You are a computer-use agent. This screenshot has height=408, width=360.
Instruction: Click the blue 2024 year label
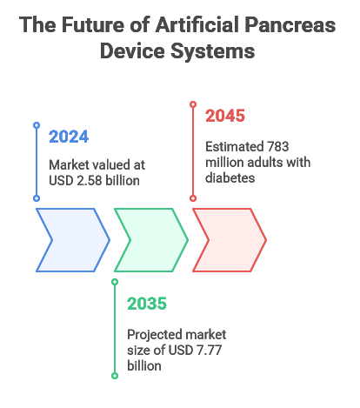pyautogui.click(x=69, y=137)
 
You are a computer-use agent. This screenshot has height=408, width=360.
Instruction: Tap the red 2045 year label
pyautogui.click(x=225, y=116)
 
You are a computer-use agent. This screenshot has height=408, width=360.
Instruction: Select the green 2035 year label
pyautogui.click(x=147, y=304)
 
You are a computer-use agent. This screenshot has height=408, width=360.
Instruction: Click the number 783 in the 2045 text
pyautogui.click(x=278, y=147)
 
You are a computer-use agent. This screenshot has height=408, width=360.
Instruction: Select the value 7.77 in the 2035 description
pyautogui.click(x=209, y=350)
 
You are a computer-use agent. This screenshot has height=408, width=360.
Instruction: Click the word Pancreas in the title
pyautogui.click(x=290, y=24)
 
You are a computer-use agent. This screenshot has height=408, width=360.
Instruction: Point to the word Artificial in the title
pyautogui.click(x=197, y=24)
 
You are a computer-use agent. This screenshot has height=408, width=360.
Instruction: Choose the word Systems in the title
pyautogui.click(x=212, y=51)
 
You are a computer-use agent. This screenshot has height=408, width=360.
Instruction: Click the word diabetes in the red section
pyautogui.click(x=230, y=178)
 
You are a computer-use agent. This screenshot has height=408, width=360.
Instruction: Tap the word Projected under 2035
pyautogui.click(x=154, y=335)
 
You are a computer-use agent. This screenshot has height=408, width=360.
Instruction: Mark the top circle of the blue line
pyautogui.click(x=37, y=125)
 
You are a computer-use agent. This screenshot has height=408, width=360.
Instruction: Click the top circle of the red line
pyautogui.click(x=193, y=104)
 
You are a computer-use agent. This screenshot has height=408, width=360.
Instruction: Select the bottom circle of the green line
pyautogui.click(x=115, y=376)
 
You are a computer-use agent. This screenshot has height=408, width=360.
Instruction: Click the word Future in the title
pyautogui.click(x=93, y=24)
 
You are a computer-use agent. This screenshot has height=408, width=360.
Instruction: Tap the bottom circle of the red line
pyautogui.click(x=193, y=198)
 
